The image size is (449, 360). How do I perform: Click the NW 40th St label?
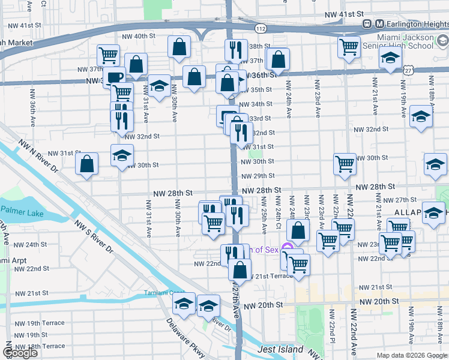coord(136,36)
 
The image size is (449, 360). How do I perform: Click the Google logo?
coord(20,353)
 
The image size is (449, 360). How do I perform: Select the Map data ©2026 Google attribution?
coord(411,355)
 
